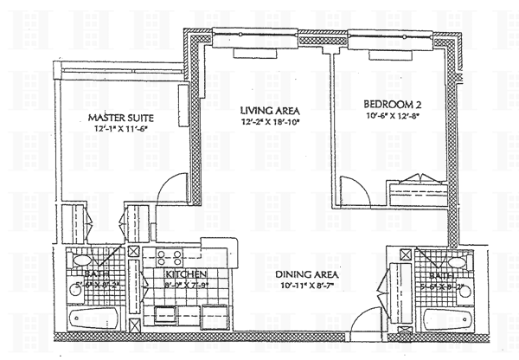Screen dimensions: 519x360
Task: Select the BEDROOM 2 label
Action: point(391,103)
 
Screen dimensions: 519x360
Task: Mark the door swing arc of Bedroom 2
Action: point(355,187)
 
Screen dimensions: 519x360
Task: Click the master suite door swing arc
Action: point(174,185)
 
